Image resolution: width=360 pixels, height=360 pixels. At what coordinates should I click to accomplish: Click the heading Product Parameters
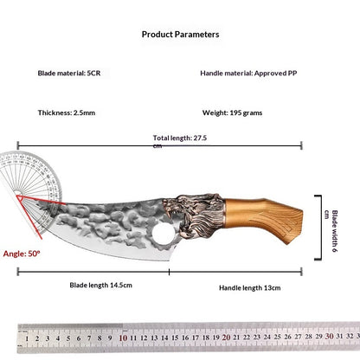click(x=180, y=35)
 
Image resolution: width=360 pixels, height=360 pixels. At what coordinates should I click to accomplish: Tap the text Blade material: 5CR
click(x=69, y=74)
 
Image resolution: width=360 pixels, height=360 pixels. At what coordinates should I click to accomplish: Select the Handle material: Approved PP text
click(x=248, y=74)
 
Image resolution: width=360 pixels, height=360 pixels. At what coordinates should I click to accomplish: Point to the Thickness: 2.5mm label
click(x=67, y=112)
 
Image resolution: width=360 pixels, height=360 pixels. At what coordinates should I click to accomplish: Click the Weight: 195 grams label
click(x=232, y=112)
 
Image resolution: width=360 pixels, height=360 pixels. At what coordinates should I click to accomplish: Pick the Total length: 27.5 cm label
click(x=180, y=141)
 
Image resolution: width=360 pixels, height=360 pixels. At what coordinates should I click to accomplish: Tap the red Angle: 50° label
click(x=22, y=254)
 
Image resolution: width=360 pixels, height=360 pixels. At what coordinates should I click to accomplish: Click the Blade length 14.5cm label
click(x=101, y=286)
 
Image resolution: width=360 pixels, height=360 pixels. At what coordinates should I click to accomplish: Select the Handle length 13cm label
click(x=250, y=288)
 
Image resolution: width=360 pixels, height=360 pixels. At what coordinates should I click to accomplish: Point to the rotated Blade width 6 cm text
click(x=331, y=231)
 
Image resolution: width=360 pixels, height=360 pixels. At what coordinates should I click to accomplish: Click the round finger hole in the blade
click(x=162, y=234)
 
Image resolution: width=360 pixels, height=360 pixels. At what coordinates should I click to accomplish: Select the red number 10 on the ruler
click(x=123, y=337)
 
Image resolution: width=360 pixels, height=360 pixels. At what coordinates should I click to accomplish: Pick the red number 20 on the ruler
click(x=227, y=337)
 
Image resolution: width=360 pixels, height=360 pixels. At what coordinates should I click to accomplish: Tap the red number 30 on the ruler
click(x=330, y=336)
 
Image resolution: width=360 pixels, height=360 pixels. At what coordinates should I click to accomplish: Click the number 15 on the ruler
click(x=175, y=337)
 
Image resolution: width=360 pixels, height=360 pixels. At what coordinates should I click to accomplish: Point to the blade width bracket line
click(x=320, y=228)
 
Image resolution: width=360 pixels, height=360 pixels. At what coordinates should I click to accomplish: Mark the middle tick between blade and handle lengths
click(x=169, y=272)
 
